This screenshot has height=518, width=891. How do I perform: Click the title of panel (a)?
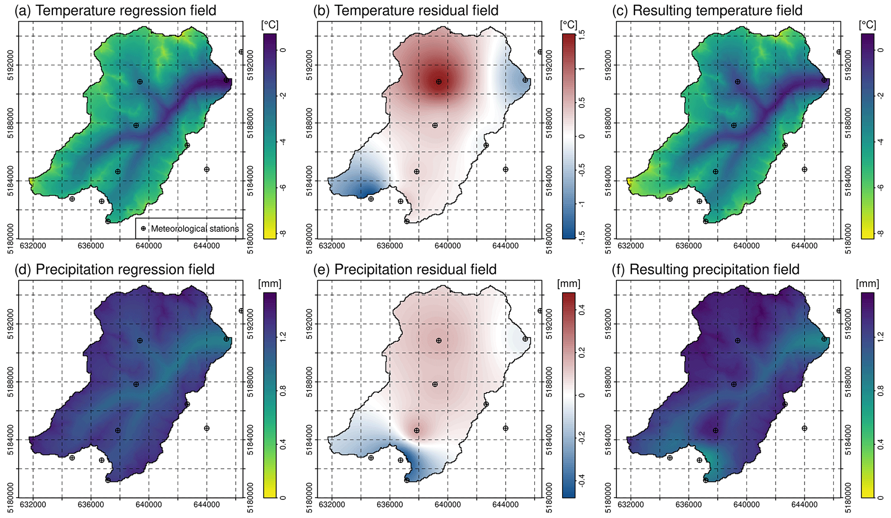(116, 10)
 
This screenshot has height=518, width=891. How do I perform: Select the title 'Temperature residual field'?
(416, 10)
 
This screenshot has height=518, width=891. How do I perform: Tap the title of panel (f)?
(706, 269)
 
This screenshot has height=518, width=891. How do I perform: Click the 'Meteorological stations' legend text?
(195, 228)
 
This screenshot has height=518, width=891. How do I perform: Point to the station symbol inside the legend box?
(143, 228)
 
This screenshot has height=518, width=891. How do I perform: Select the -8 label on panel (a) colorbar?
(283, 233)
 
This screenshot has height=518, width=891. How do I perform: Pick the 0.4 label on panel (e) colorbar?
(581, 309)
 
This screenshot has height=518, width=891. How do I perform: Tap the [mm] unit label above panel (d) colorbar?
(269, 284)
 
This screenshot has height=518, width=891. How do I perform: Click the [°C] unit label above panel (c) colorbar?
(867, 25)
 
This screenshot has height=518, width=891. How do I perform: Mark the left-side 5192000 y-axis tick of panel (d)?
(11, 324)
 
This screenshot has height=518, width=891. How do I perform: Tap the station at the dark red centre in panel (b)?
(438, 81)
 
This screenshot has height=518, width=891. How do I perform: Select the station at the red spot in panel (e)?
(416, 431)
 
